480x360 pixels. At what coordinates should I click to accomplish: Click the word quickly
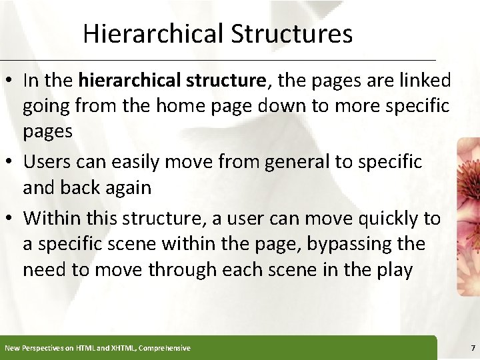tap(389, 219)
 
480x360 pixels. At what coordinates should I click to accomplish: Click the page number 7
tap(472, 348)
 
